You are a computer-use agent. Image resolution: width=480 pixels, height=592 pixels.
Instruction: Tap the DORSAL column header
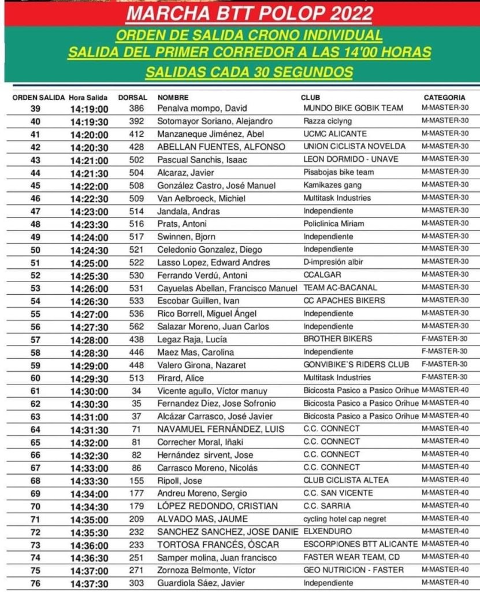point(132,98)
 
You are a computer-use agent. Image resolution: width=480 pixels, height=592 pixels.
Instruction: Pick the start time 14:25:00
point(90,263)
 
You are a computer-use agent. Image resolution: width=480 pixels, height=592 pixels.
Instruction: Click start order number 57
point(35,339)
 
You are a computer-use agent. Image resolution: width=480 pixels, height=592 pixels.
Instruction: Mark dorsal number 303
point(136,584)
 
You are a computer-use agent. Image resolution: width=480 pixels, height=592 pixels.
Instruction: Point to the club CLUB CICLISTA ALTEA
point(346,480)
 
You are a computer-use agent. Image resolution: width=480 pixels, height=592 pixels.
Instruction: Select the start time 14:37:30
point(90,584)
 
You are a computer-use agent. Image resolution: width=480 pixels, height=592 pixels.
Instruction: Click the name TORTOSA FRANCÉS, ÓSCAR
point(218,545)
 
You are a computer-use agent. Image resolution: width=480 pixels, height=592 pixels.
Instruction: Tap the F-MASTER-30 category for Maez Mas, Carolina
point(445,351)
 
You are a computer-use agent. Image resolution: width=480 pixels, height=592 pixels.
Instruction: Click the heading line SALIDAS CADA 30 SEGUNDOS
point(249,72)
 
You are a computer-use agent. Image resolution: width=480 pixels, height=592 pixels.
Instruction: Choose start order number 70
point(35,506)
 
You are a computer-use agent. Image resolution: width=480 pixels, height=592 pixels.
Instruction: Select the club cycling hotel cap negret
point(345,519)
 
